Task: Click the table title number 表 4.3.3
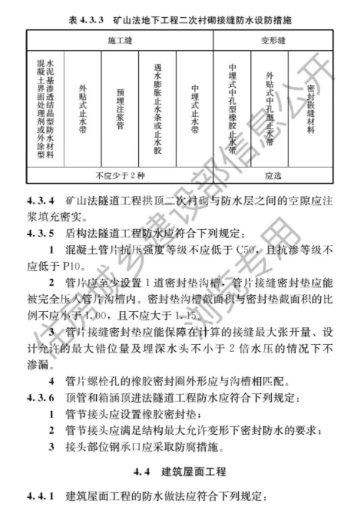click(86, 20)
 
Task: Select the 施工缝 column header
click(120, 40)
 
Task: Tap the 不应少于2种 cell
click(120, 176)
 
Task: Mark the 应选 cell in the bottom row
click(273, 176)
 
